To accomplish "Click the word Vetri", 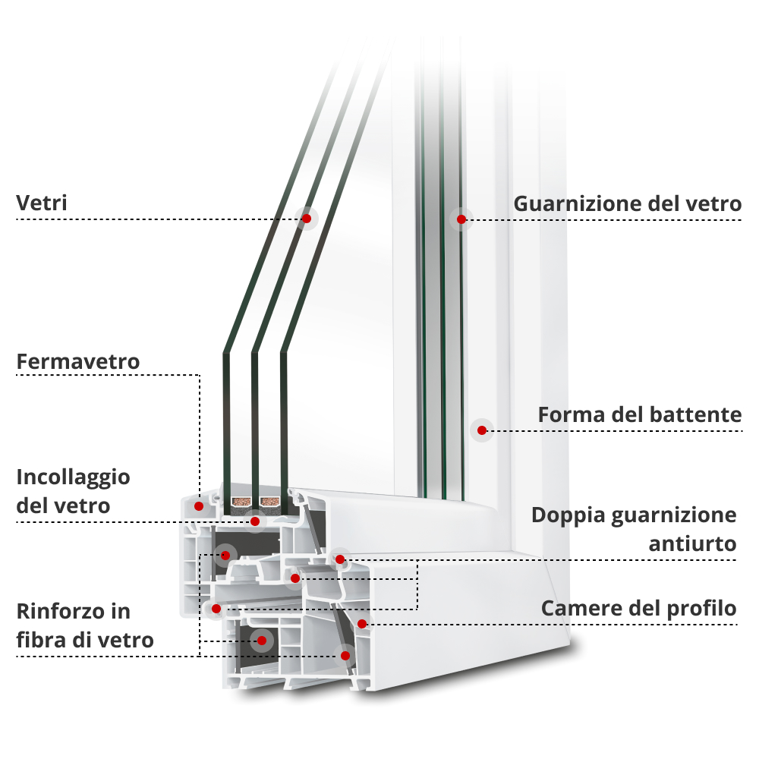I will coord(42,203).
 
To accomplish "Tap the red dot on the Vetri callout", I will coord(307,219).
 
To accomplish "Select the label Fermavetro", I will coord(78,361).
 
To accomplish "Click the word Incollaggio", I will coord(73,477).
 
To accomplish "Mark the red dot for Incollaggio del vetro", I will coord(256,521).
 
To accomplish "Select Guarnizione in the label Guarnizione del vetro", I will coord(578,203).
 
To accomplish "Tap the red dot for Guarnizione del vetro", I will coord(461,219).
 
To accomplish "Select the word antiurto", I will coord(693,543).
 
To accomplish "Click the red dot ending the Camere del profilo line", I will coord(362,624).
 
